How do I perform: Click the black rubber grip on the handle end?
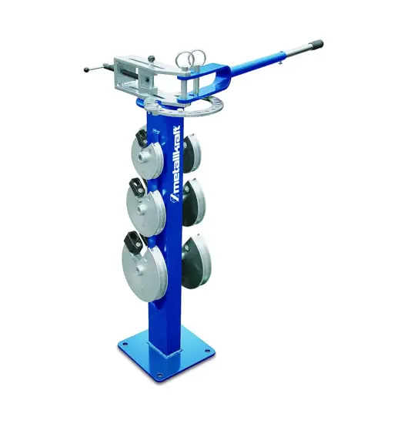point(316,43)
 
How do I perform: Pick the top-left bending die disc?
point(148,155)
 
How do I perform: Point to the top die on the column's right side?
point(192,153)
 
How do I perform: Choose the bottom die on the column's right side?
point(196,261)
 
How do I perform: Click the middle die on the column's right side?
point(194,203)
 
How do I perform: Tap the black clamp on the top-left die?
point(142,138)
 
